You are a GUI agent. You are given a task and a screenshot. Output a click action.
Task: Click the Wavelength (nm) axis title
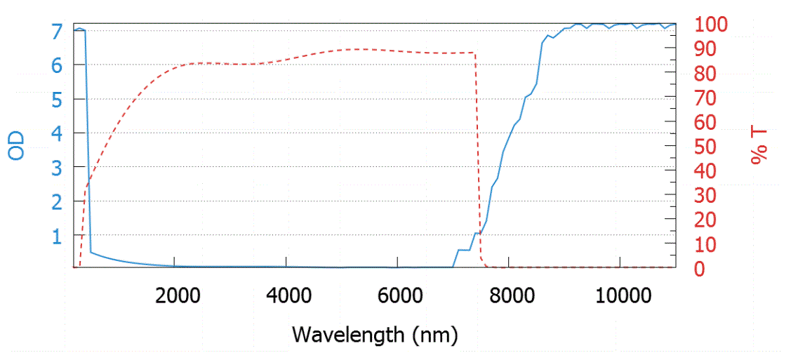(x=375, y=334)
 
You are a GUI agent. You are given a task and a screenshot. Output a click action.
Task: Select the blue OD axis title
(x=17, y=145)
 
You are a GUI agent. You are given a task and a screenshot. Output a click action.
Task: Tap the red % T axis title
(x=759, y=146)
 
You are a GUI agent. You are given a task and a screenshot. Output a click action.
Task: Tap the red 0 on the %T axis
(x=699, y=269)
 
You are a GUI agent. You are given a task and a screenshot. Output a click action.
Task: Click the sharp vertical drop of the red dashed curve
(x=478, y=154)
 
